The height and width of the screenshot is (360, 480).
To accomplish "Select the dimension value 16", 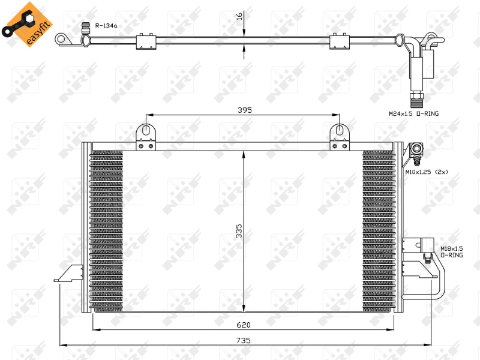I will (239, 16).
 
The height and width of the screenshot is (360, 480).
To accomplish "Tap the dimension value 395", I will (244, 110).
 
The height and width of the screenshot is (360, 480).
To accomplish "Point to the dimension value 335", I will (239, 230).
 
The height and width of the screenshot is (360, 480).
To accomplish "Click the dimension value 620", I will (243, 325).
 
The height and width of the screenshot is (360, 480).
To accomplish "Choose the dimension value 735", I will (243, 340).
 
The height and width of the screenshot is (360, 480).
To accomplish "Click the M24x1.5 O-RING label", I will (414, 113).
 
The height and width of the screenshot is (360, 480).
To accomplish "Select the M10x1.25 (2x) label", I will (426, 172).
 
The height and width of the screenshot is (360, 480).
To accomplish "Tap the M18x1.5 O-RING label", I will (451, 251).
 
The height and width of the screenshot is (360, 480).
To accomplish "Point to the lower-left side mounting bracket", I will (71, 273).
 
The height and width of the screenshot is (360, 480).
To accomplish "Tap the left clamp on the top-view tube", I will (146, 41).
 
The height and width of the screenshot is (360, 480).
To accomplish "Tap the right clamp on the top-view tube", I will (340, 41).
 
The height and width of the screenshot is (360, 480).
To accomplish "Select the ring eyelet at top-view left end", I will (61, 40).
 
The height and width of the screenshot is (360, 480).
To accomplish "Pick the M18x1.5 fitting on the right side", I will (427, 258).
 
